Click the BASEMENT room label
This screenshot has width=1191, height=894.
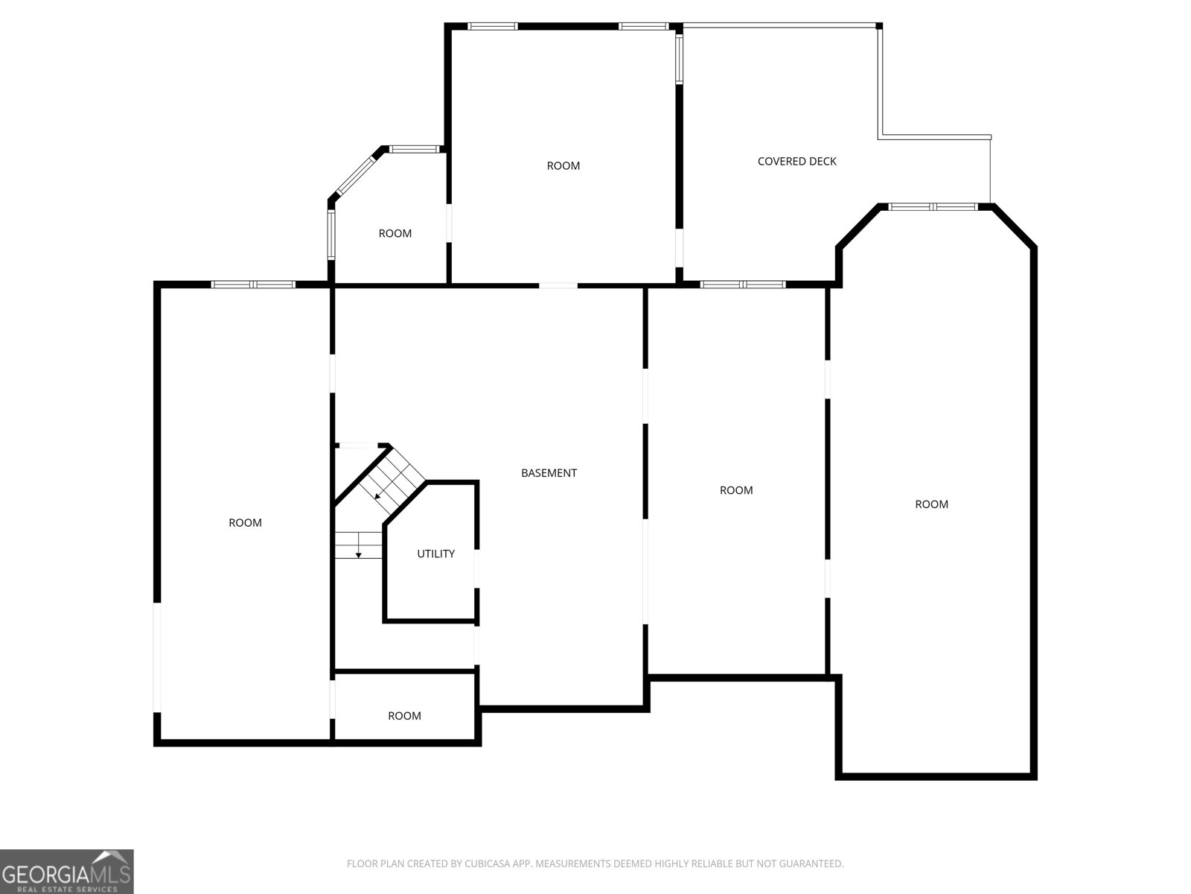[x=549, y=473]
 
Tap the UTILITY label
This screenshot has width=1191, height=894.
[x=435, y=554]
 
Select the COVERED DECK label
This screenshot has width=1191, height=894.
[x=796, y=161]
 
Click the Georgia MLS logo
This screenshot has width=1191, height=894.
[x=66, y=871]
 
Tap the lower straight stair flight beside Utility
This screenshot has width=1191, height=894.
[x=358, y=545]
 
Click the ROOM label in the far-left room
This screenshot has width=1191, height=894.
[x=245, y=523]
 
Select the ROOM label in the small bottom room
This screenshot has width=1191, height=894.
[x=404, y=716]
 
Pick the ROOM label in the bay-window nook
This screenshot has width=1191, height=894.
[x=395, y=234]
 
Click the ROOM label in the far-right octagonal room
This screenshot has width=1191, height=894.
[x=931, y=504]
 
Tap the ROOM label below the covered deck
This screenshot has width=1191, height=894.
[x=736, y=490]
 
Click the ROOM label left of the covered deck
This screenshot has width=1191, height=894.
[x=563, y=165]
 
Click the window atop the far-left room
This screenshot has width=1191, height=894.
[x=254, y=284]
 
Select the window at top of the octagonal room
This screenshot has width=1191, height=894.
[x=933, y=206]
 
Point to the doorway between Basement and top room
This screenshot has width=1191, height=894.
[x=558, y=285]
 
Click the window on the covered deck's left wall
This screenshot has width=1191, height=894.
[x=679, y=58]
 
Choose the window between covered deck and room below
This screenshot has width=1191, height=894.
[x=743, y=284]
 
